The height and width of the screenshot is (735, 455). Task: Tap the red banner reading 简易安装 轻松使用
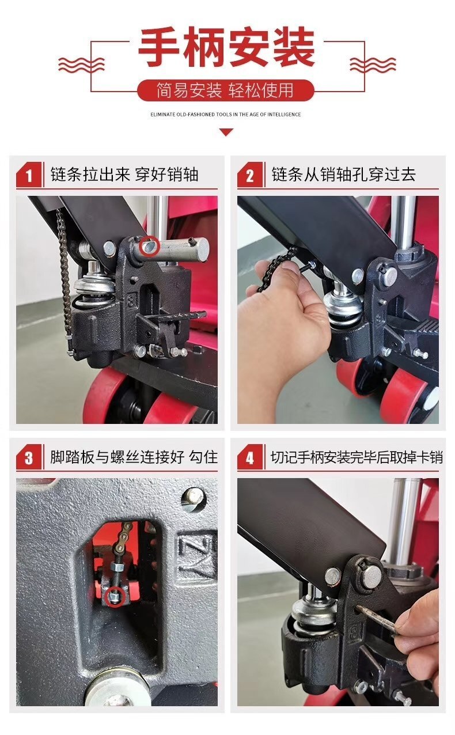point(226,90)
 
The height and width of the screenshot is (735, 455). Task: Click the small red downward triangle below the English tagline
point(226,132)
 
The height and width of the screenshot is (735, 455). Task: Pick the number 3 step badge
point(29,458)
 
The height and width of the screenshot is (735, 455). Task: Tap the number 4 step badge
point(250,458)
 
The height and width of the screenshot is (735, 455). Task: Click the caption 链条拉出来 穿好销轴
point(124,175)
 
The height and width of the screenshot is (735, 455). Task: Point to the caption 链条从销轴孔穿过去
point(343,175)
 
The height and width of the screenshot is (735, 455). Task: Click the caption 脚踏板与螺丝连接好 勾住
point(134,457)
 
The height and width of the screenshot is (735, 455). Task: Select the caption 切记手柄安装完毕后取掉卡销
point(357,457)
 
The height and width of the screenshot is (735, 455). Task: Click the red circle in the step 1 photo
point(150,247)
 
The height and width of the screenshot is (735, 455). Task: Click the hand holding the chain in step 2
point(282,323)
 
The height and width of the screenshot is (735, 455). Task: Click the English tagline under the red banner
point(226,115)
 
